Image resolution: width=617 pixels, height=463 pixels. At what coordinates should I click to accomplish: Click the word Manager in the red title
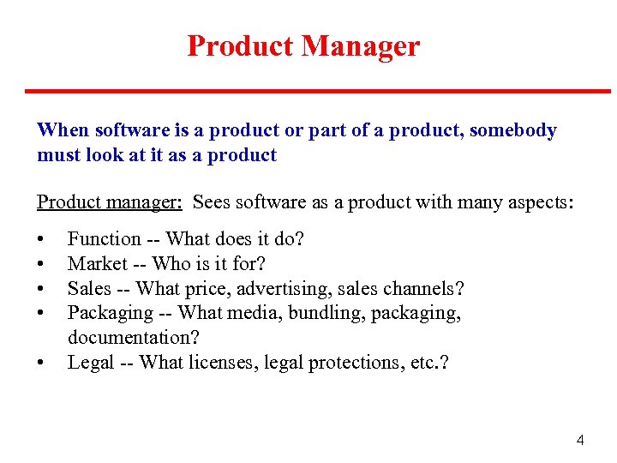pyautogui.click(x=361, y=45)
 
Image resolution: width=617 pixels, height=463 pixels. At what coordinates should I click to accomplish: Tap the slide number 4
pyautogui.click(x=580, y=441)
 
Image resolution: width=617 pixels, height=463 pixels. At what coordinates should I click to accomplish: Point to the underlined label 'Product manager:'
pyautogui.click(x=109, y=202)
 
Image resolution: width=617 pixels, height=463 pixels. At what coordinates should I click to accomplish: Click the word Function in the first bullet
pyautogui.click(x=105, y=239)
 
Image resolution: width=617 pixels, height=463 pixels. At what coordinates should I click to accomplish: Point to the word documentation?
pyautogui.click(x=131, y=338)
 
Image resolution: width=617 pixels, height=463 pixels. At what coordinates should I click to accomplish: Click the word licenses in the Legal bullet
pyautogui.click(x=215, y=363)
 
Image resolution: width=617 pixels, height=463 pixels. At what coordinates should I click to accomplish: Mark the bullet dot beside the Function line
pyautogui.click(x=41, y=240)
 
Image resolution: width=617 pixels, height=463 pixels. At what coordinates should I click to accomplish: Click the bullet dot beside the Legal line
pyautogui.click(x=41, y=364)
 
